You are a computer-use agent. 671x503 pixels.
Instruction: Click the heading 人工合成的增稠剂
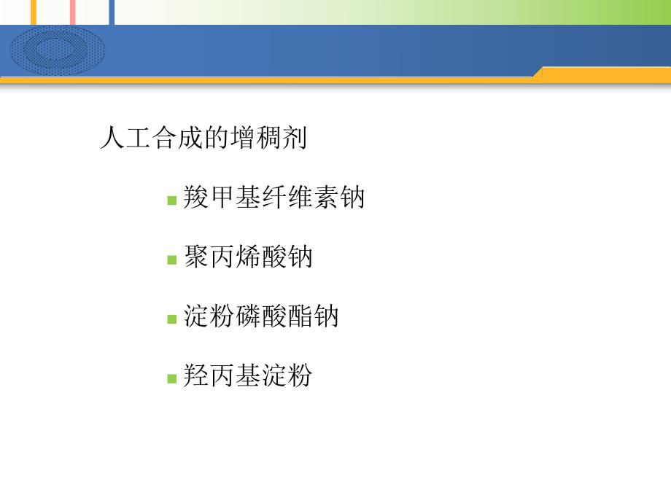click(203, 138)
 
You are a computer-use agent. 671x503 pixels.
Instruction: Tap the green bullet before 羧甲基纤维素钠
click(172, 200)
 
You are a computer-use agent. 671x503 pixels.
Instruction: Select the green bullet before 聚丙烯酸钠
click(172, 260)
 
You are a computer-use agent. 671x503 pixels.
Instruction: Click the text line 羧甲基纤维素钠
click(274, 198)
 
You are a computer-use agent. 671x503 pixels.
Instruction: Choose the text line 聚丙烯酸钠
click(248, 258)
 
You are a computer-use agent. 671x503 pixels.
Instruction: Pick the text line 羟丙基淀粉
click(248, 377)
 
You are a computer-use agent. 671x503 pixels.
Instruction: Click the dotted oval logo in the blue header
click(57, 50)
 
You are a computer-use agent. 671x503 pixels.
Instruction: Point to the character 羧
click(196, 198)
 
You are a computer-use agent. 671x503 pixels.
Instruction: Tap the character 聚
click(196, 258)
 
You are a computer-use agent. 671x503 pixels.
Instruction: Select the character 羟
click(196, 377)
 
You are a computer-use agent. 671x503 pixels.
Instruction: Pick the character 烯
click(248, 258)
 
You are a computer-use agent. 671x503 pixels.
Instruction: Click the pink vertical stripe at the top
click(72, 12)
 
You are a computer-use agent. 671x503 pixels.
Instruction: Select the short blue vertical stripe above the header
click(112, 12)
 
